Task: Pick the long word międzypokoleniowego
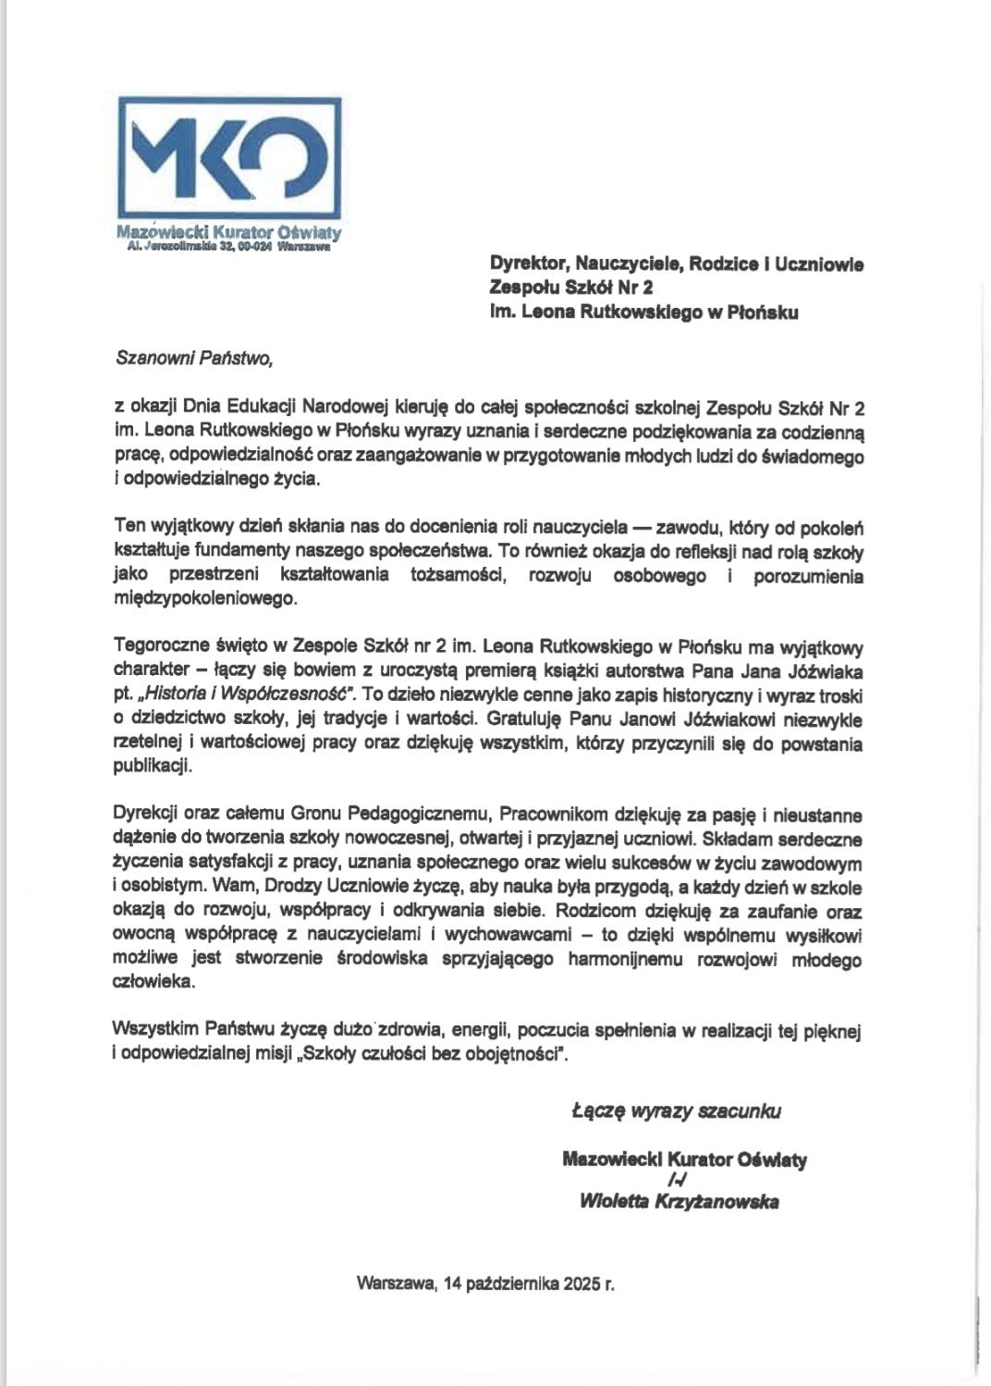[205, 599]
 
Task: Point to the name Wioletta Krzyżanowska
[679, 1202]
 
